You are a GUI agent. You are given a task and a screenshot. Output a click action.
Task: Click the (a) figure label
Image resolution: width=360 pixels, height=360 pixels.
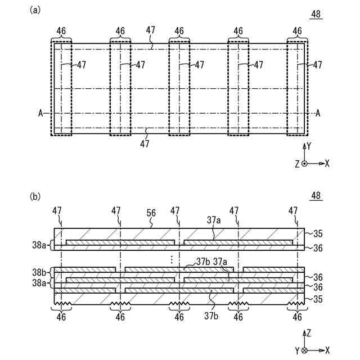[36, 10]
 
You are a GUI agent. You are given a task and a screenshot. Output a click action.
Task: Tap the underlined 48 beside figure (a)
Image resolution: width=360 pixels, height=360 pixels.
[316, 15]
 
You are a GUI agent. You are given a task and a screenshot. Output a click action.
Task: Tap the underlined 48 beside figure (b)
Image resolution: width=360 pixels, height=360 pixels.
[316, 196]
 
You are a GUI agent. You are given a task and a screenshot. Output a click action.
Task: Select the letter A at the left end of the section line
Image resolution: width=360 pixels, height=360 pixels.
[41, 113]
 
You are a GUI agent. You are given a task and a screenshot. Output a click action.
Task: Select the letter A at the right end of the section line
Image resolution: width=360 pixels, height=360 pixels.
[318, 113]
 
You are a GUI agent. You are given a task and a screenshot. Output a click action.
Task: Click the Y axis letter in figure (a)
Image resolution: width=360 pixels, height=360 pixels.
[308, 145]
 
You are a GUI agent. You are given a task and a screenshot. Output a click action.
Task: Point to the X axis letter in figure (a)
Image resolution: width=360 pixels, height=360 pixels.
[327, 163]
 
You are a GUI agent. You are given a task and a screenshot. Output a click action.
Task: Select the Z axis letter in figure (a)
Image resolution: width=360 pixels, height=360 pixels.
[296, 163]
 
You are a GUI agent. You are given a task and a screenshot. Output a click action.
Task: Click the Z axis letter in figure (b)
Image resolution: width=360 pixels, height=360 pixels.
[308, 333]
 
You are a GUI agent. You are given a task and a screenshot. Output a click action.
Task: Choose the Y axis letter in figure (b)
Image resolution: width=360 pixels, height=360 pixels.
[296, 350]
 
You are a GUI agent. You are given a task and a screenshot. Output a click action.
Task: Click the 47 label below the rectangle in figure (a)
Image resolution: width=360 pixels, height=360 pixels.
[145, 143]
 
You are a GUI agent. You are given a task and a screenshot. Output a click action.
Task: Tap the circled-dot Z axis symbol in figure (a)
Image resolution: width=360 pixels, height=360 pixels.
[304, 163]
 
